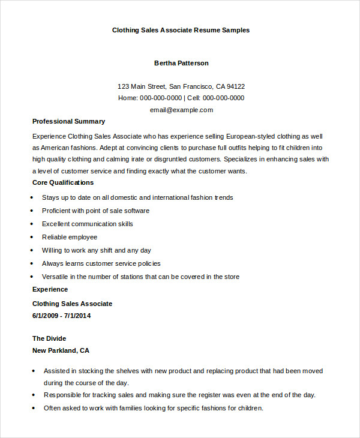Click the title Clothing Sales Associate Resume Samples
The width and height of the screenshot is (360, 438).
[181, 30]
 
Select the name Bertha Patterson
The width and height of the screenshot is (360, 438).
[181, 63]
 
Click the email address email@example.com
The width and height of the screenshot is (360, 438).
[181, 110]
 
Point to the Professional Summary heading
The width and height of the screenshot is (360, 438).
[68, 121]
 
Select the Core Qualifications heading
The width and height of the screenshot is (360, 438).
[63, 182]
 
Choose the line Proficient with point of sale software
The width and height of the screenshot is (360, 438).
[95, 211]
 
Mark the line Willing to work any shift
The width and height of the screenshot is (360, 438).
[96, 250]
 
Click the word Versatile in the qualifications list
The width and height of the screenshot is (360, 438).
[55, 277]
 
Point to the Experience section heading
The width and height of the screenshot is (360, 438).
[50, 289]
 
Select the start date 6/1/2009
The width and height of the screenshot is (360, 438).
[46, 316]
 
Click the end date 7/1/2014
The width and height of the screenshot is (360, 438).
[78, 316]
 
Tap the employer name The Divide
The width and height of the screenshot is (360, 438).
[49, 338]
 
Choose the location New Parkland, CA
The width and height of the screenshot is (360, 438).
[61, 350]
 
